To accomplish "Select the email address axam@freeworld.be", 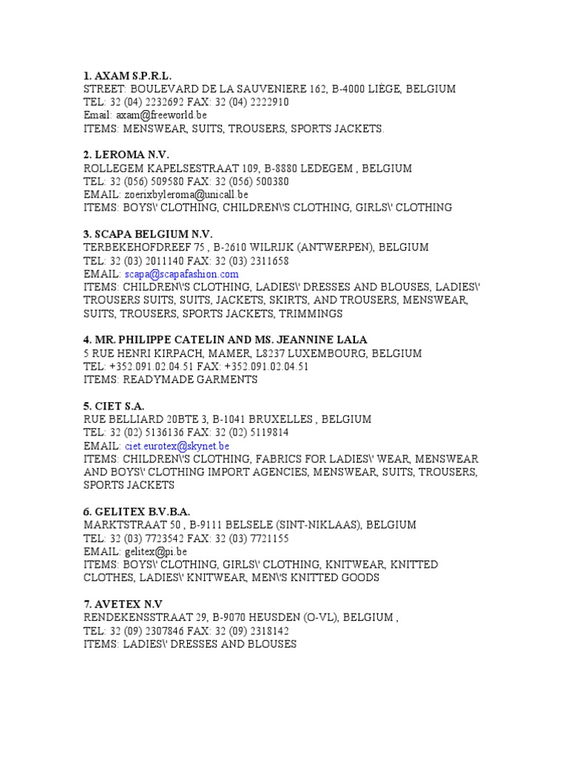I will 162,115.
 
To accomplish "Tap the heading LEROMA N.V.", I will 126,155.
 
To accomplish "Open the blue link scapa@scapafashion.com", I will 181,274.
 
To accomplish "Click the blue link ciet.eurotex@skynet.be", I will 177,446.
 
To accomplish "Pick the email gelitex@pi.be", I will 156,551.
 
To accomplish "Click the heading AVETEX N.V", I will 121,604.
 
